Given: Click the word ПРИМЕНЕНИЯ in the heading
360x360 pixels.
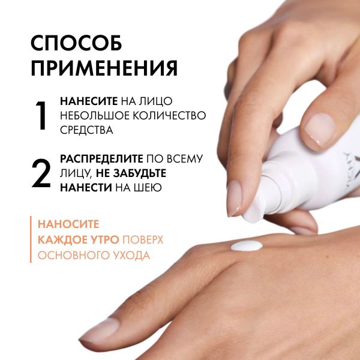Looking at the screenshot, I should tap(104, 68).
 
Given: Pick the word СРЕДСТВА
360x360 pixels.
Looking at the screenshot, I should tap(87, 130).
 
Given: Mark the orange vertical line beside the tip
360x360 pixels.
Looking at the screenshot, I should tap(31, 239).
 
